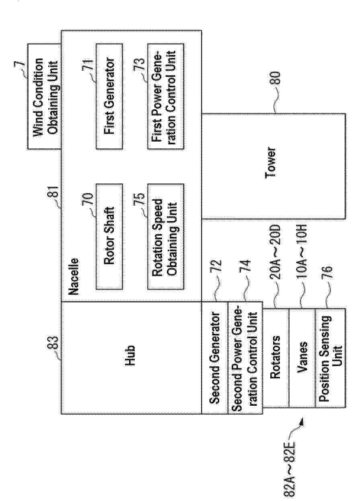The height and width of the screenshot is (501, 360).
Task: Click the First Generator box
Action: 109,96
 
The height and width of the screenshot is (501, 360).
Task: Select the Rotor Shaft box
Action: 109,237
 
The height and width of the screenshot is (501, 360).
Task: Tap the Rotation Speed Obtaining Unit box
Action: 166,237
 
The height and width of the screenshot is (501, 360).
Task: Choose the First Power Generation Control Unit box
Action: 166,96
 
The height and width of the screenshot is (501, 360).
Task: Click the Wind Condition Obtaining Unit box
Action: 44,96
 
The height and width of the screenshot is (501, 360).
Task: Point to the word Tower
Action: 271,162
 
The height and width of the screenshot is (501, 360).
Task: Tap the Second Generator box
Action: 214,357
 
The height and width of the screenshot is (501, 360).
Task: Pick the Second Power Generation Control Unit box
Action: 245,357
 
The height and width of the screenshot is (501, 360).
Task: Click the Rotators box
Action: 276,357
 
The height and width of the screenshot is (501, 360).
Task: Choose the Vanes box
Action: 302,357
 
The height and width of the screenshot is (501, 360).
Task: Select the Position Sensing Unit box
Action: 330,357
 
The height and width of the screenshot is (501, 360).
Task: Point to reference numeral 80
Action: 274,78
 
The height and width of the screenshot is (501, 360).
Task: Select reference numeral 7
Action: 20,64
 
